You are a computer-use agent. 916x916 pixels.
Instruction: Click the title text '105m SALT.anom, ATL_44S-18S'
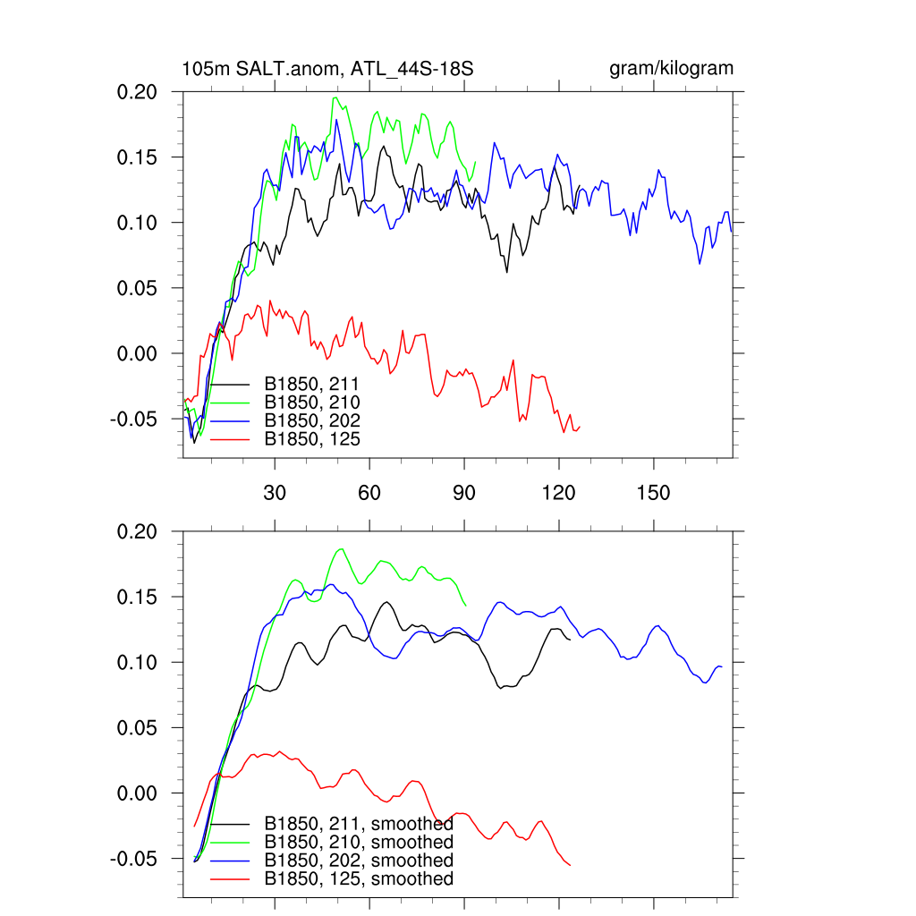coord(327,69)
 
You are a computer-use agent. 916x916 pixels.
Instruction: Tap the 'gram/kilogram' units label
coord(671,69)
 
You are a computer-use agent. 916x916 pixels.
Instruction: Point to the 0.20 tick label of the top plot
coord(139,91)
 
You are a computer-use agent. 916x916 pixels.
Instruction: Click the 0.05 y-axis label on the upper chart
coord(139,288)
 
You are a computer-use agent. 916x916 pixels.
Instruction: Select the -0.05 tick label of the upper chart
coord(135,419)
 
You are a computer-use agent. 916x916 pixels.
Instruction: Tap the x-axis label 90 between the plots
coord(464,494)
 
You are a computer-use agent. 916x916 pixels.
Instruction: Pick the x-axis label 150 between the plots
coord(654,494)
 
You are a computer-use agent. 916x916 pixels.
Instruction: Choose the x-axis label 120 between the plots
coord(559,494)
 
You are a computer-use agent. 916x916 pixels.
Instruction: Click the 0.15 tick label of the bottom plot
coord(139,597)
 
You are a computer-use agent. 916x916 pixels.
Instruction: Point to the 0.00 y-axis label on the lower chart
coord(139,793)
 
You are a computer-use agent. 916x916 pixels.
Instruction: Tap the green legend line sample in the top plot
coord(228,403)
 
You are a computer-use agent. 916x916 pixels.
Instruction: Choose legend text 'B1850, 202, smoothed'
coord(358,861)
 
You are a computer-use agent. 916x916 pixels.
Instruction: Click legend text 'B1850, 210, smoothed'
coord(358,843)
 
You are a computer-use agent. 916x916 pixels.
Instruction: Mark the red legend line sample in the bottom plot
coord(228,879)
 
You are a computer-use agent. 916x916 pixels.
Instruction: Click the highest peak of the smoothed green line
coord(341,549)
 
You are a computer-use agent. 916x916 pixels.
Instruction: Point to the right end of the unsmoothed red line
coord(580,426)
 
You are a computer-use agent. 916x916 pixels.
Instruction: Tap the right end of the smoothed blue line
coord(721,667)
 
